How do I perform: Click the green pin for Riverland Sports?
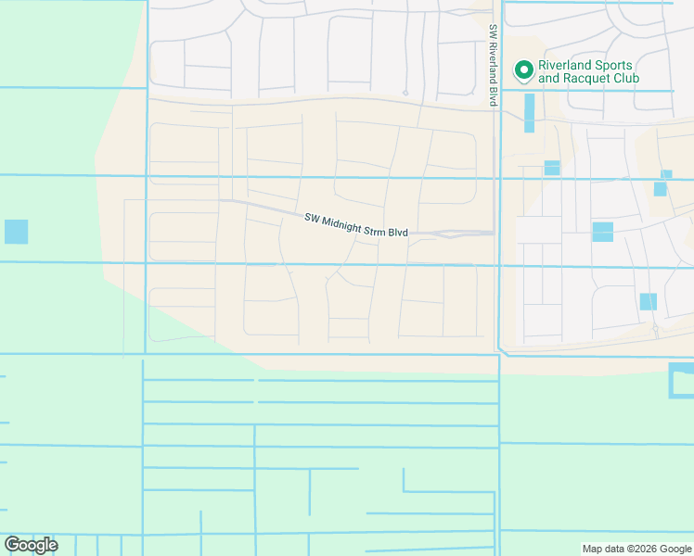click(523, 70)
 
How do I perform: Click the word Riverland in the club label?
click(565, 66)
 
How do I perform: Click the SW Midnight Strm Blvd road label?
click(356, 224)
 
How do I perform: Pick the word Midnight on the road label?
click(345, 222)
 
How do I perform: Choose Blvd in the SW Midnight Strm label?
click(400, 232)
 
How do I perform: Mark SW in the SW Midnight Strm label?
click(312, 218)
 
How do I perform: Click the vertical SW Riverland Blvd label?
click(494, 65)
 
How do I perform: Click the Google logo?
click(31, 544)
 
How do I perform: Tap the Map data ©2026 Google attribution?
click(636, 549)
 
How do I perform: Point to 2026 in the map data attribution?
click(640, 549)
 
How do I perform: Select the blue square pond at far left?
click(16, 232)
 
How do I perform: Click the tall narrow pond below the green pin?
click(529, 113)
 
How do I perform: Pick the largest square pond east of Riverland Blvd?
click(602, 232)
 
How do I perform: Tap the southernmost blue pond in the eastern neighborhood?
click(648, 301)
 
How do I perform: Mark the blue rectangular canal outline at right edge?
click(680, 381)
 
